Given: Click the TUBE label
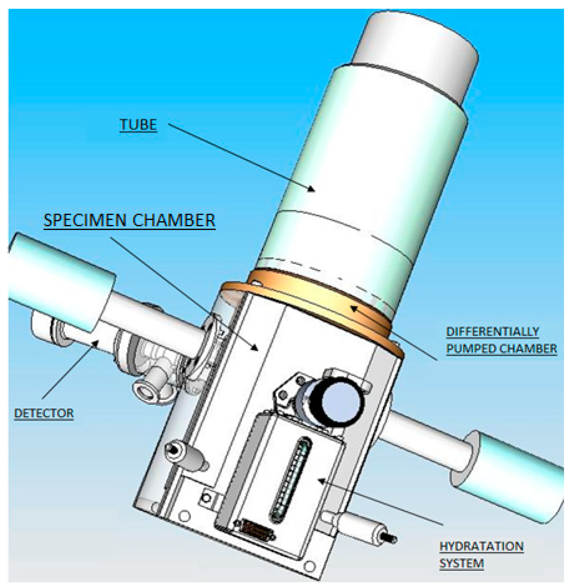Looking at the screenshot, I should (138, 125).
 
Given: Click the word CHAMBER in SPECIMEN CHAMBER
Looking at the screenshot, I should (174, 220).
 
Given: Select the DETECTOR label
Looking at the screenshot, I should (44, 413).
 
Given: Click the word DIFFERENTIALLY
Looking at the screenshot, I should (492, 332).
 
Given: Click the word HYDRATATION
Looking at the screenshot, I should (481, 546).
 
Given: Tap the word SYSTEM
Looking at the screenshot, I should (461, 563).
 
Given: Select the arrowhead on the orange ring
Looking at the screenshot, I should (354, 308).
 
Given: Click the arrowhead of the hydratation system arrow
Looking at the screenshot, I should (321, 481).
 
